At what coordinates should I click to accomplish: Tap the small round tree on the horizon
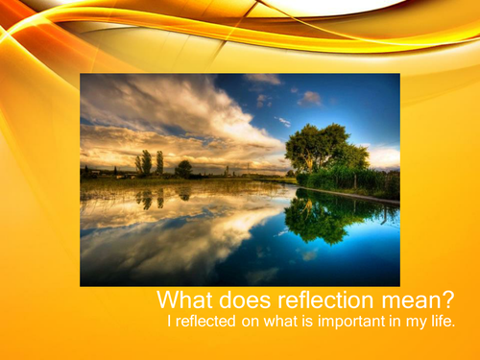(183, 168)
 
